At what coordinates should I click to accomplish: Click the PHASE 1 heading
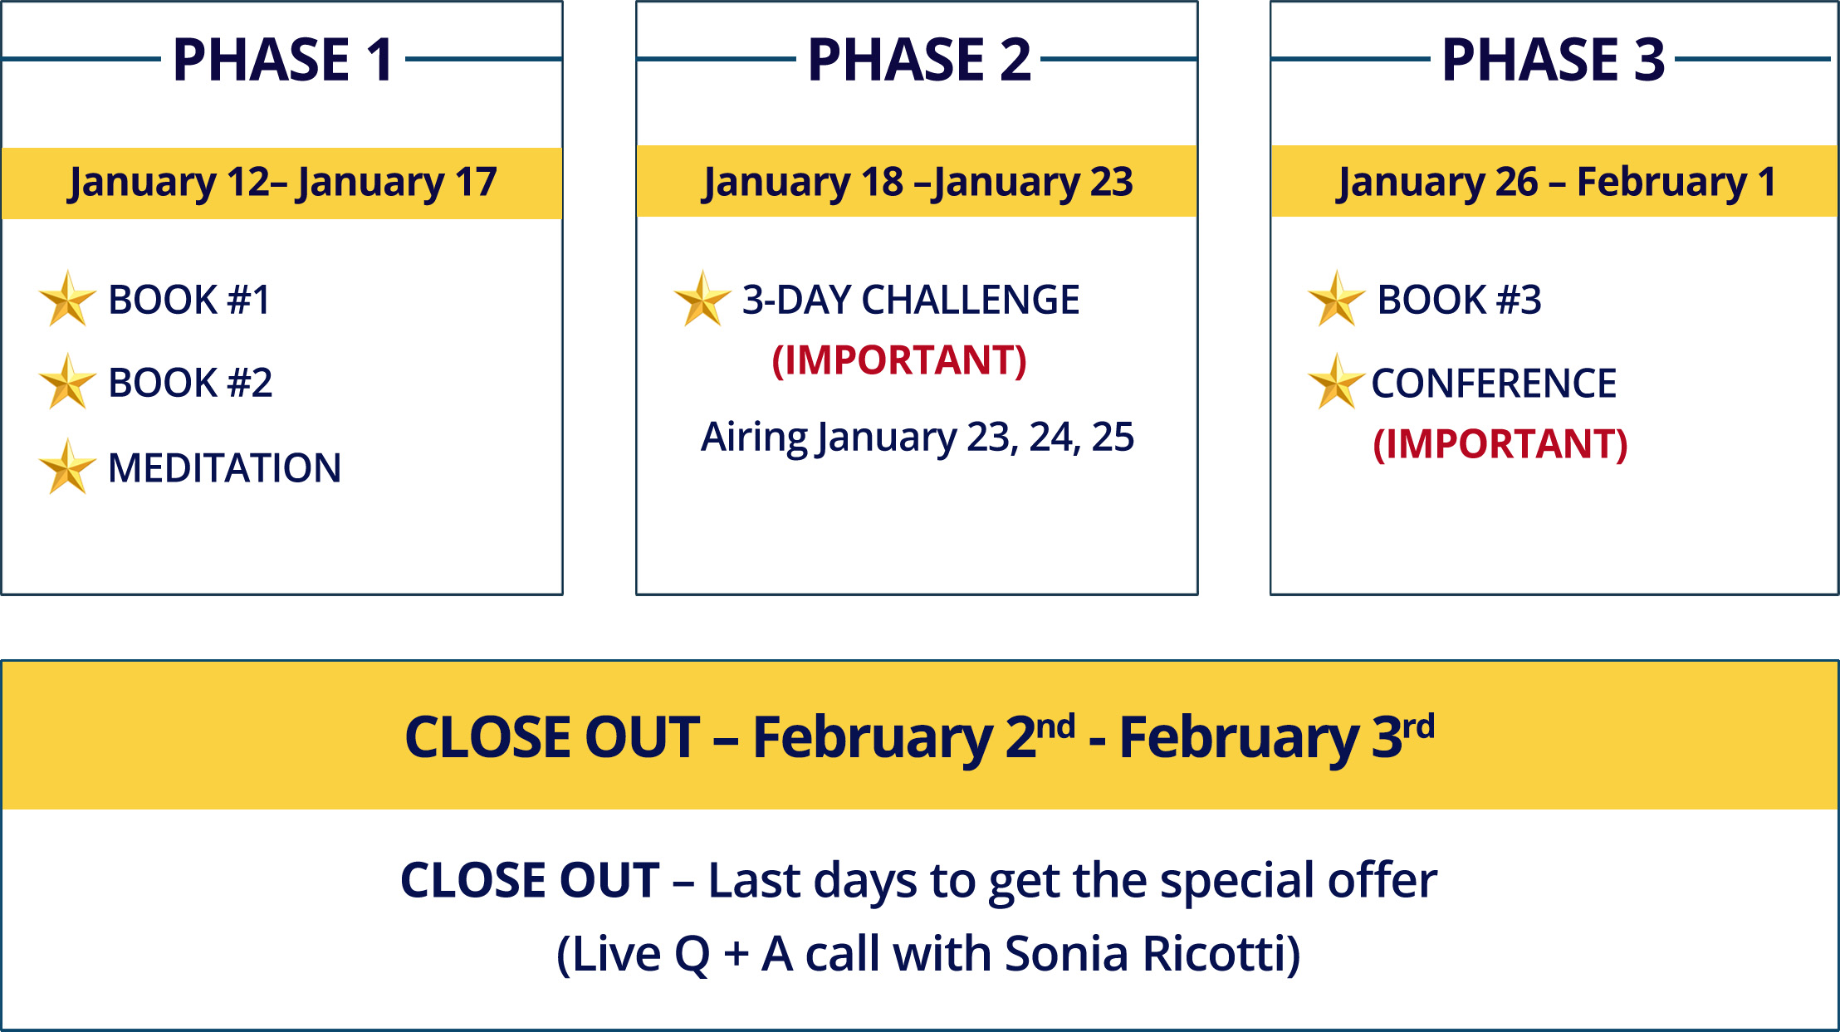click(x=282, y=60)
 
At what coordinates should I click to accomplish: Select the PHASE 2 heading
click(x=918, y=60)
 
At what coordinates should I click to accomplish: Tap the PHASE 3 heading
click(x=1553, y=60)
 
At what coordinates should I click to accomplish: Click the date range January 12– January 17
click(x=282, y=183)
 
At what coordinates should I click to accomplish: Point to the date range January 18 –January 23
click(x=918, y=183)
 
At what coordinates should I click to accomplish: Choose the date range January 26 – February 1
click(x=1556, y=183)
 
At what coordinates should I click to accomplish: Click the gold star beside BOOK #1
click(x=67, y=299)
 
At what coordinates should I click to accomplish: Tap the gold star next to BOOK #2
click(x=67, y=382)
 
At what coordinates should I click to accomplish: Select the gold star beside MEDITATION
click(x=67, y=467)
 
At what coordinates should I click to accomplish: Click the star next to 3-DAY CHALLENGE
click(x=702, y=299)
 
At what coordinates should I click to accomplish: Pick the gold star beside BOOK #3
click(x=1336, y=299)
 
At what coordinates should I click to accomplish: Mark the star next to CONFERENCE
click(x=1336, y=382)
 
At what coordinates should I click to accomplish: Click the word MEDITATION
click(x=224, y=467)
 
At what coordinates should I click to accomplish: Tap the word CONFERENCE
click(x=1494, y=384)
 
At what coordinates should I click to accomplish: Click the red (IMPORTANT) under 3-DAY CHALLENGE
click(x=899, y=360)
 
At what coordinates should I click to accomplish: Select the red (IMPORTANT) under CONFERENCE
click(x=1500, y=444)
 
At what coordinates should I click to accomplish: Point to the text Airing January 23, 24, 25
click(x=918, y=438)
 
